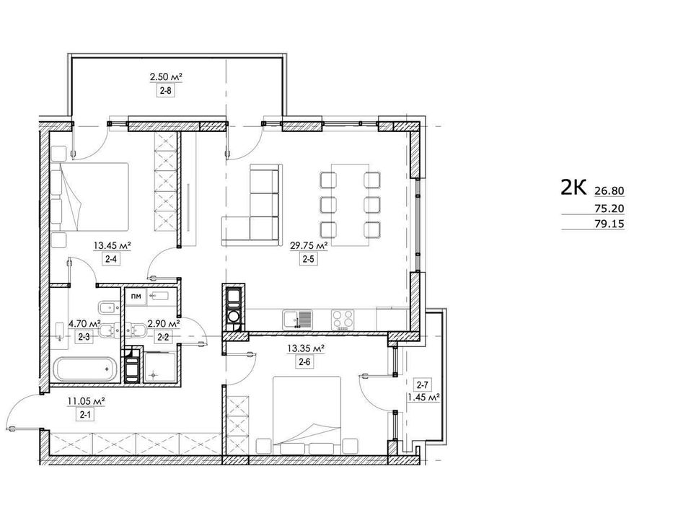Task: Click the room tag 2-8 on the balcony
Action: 166,91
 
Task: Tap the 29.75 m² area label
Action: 309,246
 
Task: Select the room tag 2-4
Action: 113,260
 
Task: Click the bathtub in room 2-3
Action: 86,369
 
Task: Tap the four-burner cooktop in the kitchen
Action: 343,320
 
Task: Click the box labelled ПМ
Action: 136,297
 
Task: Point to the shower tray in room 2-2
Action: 159,368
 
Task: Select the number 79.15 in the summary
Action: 609,224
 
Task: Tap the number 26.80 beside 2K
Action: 609,190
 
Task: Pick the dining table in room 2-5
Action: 351,205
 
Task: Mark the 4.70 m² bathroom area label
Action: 85,323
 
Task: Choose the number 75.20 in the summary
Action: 609,208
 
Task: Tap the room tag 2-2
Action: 163,337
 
